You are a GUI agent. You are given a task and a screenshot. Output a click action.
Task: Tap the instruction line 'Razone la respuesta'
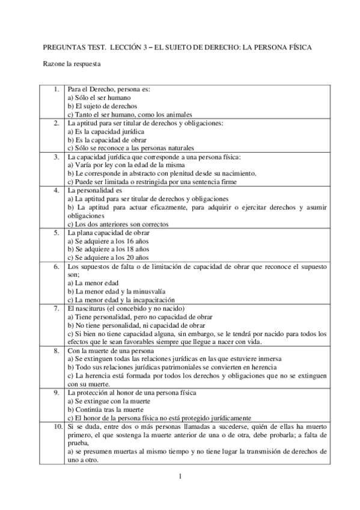[x=72, y=63]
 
